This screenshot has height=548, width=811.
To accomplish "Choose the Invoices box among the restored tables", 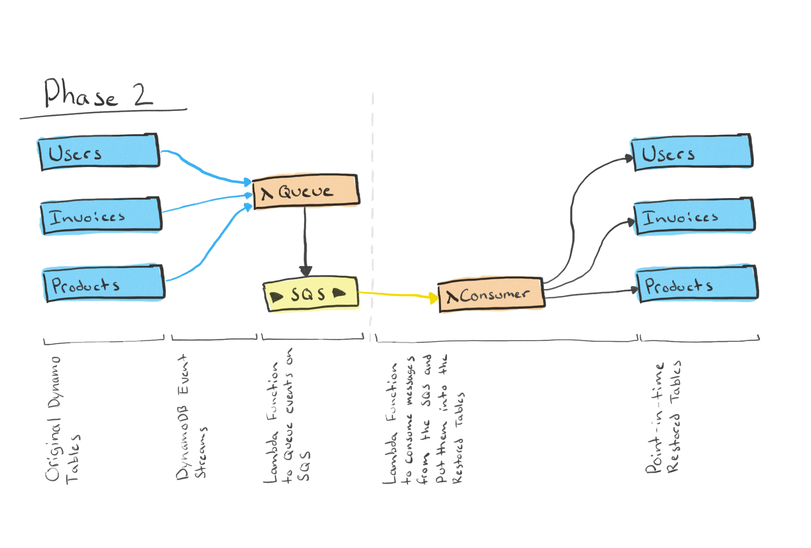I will pos(694,217).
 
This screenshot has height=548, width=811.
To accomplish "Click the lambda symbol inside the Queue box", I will pos(267,193).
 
